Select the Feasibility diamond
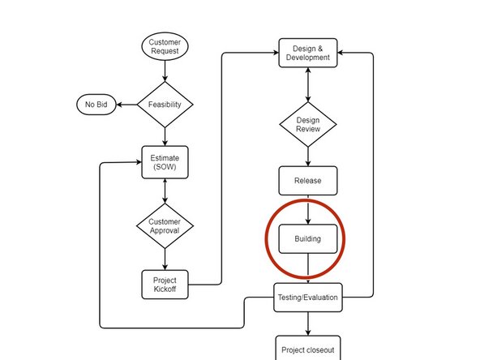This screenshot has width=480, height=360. click(x=165, y=105)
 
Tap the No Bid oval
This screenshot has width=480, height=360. click(x=96, y=105)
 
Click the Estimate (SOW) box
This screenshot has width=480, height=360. click(x=165, y=162)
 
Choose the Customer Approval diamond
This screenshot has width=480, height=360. click(x=165, y=225)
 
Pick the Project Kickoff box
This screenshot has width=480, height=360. click(x=165, y=284)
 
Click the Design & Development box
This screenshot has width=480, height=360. click(x=307, y=54)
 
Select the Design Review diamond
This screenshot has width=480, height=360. click(x=307, y=124)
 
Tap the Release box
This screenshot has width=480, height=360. click(x=307, y=181)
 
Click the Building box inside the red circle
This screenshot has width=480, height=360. click(x=307, y=239)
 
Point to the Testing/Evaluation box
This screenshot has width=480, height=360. click(x=307, y=298)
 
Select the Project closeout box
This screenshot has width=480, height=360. click(x=307, y=350)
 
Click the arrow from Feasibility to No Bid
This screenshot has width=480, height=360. click(x=126, y=105)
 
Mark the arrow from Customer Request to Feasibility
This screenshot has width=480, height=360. click(x=165, y=71)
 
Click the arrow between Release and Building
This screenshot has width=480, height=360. click(x=307, y=210)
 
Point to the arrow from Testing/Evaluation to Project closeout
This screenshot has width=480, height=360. click(x=307, y=324)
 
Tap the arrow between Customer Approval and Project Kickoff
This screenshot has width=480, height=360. click(x=165, y=259)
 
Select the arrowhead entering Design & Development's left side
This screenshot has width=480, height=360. click(x=274, y=54)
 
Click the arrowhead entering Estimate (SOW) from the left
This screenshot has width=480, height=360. click(x=138, y=163)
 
